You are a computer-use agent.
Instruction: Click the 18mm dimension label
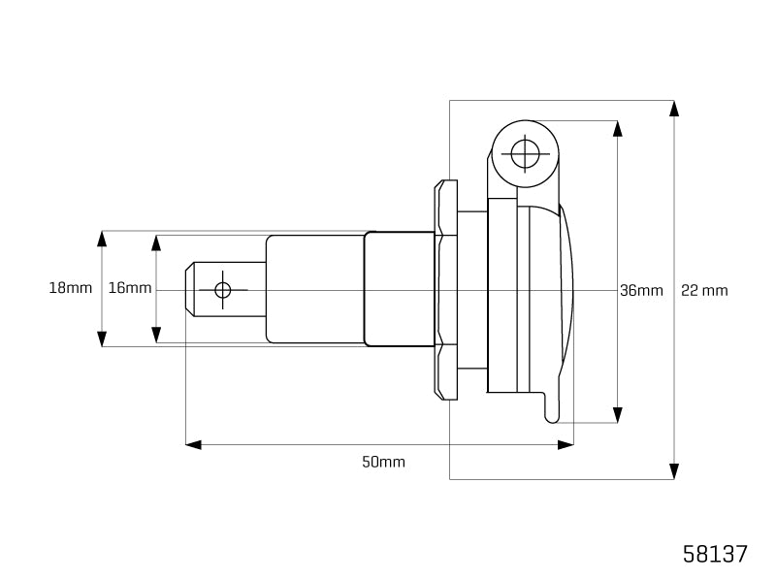pos(70,288)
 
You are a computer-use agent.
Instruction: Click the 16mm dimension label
pos(130,288)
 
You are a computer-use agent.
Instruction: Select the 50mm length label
pos(383,462)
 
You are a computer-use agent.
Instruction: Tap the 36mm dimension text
pos(641,290)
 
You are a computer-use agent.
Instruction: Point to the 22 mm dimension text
pos(704,290)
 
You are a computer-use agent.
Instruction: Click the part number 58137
pos(716,554)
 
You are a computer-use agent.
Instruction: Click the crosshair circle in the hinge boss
pos(525,153)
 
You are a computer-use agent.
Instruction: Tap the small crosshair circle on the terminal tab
pos(223,290)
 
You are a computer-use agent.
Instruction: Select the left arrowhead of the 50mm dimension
pos(193,444)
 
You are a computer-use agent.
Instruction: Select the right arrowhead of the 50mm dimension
pos(566,444)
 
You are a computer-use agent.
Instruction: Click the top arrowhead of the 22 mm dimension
pos(674,108)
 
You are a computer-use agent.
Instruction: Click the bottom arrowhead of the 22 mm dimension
pos(674,471)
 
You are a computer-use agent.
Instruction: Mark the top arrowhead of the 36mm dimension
pos(617,129)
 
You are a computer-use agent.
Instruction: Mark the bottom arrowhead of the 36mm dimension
pos(617,415)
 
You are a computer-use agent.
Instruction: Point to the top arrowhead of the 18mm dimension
pos(102,239)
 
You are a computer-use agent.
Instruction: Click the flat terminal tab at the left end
pos(209,290)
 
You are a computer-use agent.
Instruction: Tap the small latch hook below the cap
pos(551,407)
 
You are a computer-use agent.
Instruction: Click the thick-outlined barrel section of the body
pos(399,289)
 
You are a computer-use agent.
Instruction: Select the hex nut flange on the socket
pos(446,289)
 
